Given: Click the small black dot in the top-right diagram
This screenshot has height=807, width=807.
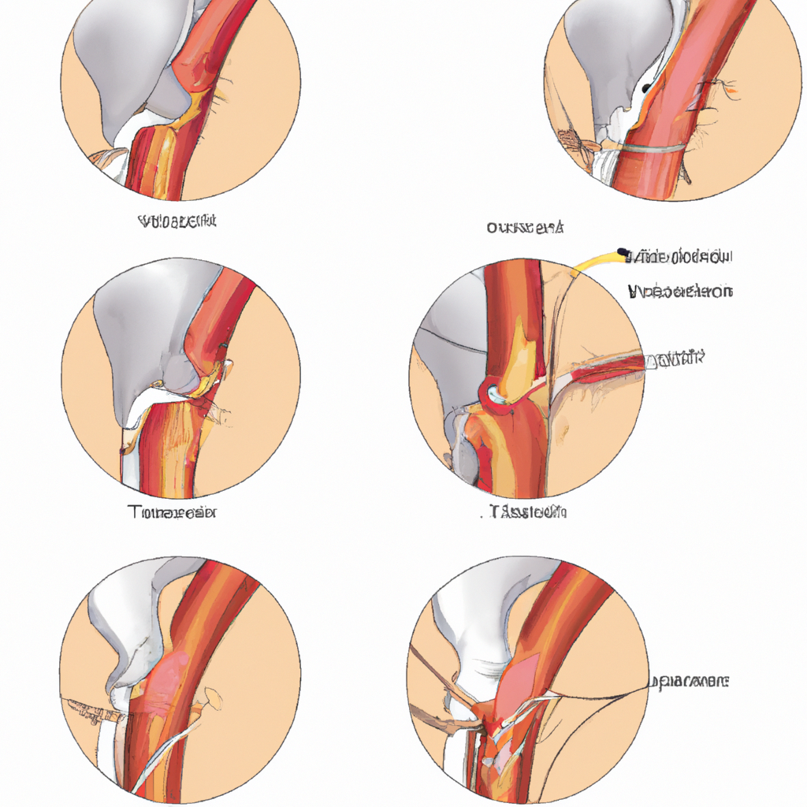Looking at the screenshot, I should (x=647, y=88).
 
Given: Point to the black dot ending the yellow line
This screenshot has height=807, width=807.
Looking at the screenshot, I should (x=623, y=253).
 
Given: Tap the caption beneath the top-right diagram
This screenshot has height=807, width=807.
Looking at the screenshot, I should (x=525, y=229).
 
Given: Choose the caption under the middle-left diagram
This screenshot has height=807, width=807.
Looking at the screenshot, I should (x=172, y=512).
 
